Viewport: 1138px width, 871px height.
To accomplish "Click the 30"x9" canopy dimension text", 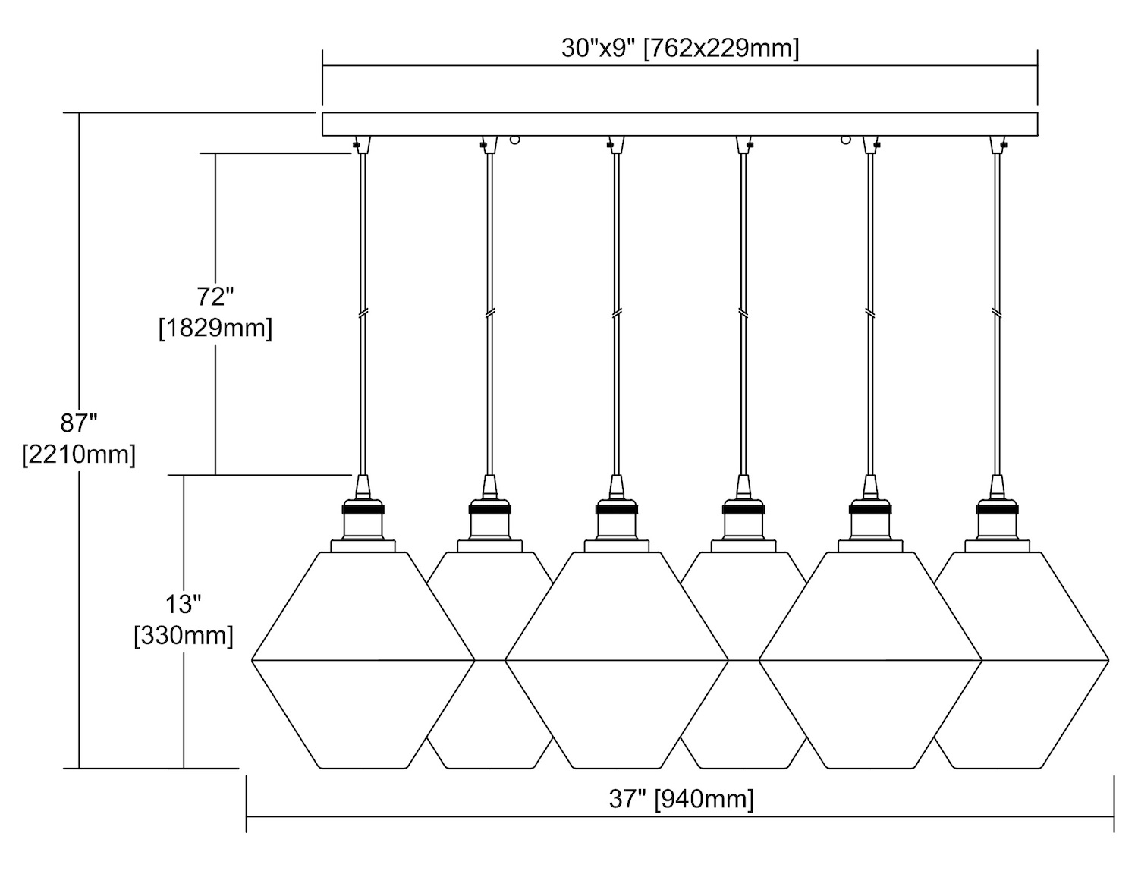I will point(680,49).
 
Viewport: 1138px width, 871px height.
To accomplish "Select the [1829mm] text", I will point(215,329).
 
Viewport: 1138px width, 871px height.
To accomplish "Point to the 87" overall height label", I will point(80,422).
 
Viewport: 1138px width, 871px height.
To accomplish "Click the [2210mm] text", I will point(80,454).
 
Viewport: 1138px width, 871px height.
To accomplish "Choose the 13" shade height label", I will point(184,604).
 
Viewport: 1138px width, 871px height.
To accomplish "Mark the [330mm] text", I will point(184,635).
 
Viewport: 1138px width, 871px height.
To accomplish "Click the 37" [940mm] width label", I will point(681,799).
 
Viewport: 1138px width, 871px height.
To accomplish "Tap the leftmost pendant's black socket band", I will point(363,510).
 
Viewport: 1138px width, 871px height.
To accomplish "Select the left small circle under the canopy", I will point(515,140).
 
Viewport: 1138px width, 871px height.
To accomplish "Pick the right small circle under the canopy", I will point(844,140).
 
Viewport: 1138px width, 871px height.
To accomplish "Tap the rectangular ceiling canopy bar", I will point(680,124).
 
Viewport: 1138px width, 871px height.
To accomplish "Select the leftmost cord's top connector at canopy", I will point(361,144).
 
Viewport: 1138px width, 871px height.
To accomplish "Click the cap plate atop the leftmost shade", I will point(363,546).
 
